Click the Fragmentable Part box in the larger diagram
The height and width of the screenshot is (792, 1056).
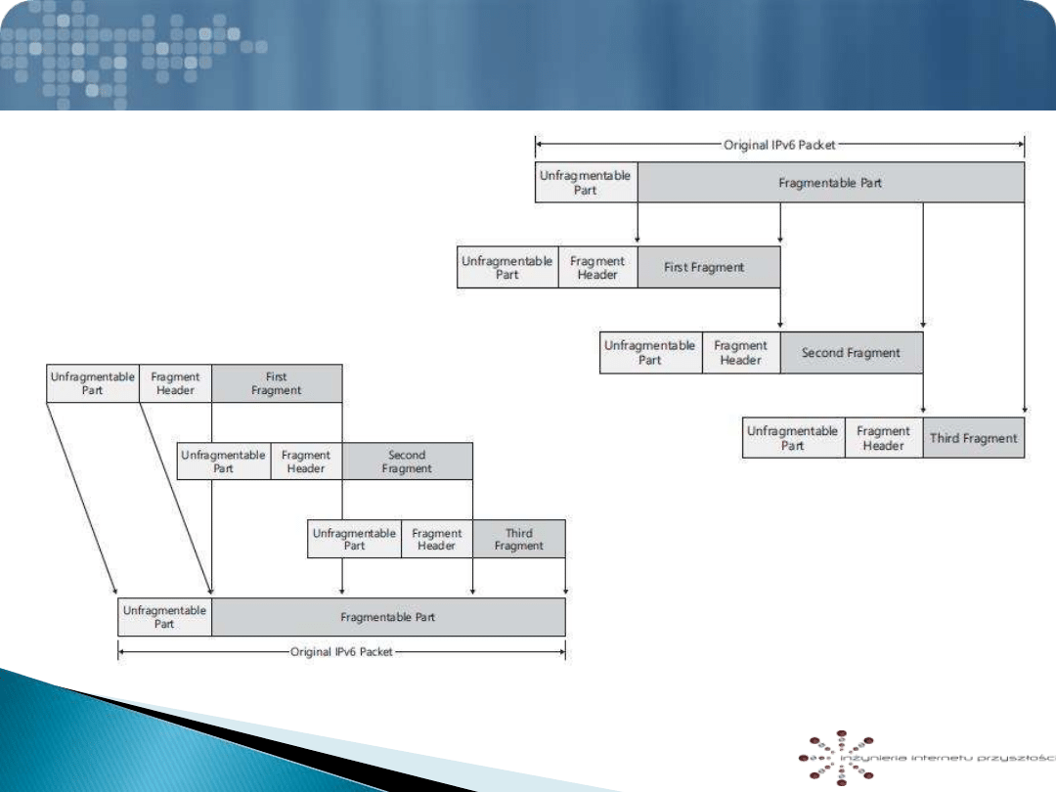click(830, 183)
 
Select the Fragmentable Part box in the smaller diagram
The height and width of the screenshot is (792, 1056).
click(388, 617)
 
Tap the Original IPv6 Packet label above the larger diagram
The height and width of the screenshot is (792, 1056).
click(779, 146)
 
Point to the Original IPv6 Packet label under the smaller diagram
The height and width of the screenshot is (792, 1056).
click(341, 651)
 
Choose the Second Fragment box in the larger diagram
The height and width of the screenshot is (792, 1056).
click(851, 353)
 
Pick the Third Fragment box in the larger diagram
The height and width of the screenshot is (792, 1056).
click(973, 438)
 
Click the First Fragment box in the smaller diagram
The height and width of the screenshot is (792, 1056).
click(277, 383)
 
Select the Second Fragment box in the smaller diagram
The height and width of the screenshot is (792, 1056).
click(407, 462)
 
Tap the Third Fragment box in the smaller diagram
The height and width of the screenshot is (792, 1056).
click(518, 539)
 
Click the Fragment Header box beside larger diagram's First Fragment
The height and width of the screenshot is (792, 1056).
click(597, 267)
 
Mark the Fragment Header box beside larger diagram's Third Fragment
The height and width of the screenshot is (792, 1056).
click(883, 438)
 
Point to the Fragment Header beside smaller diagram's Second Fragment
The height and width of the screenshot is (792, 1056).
click(306, 462)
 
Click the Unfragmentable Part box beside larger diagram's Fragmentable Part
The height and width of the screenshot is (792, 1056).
click(586, 183)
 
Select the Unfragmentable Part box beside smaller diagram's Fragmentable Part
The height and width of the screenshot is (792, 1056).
click(164, 617)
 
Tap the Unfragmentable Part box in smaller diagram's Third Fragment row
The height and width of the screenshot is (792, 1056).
click(354, 539)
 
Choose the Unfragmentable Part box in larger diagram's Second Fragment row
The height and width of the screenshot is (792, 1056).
click(650, 353)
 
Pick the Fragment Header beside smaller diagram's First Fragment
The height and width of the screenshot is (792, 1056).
click(176, 383)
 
